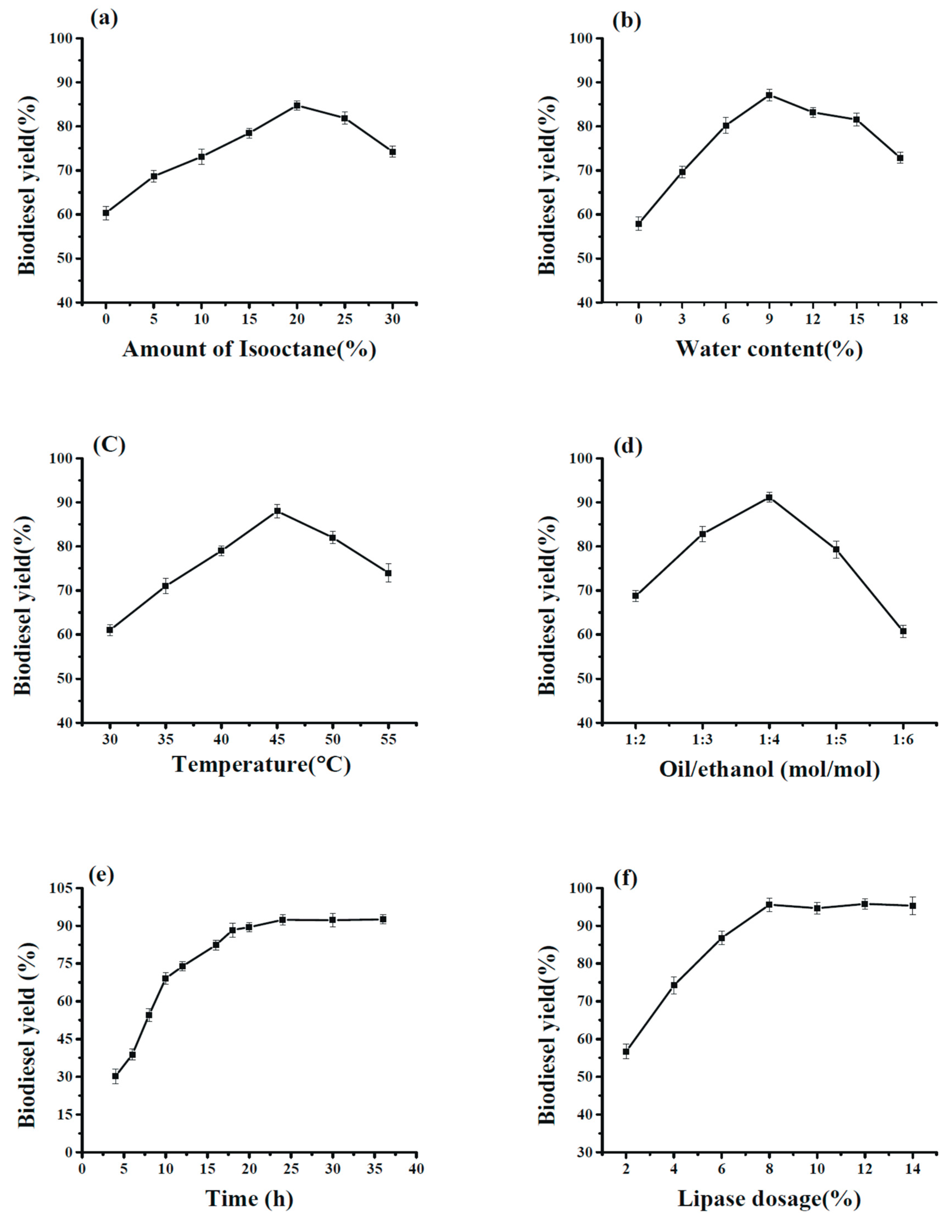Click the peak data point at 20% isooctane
(x=297, y=105)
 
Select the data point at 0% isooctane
(x=106, y=213)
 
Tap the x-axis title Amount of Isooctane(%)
(x=249, y=349)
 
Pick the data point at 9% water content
(x=769, y=95)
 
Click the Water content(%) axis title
(x=769, y=349)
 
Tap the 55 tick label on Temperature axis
(x=388, y=739)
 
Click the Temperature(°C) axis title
(x=261, y=764)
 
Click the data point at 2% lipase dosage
(x=626, y=1051)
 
